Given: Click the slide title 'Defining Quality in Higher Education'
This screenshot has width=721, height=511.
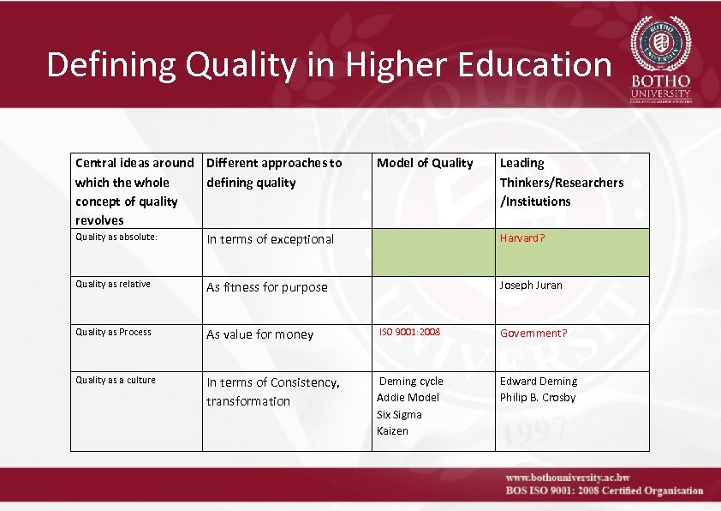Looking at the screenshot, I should point(329,64).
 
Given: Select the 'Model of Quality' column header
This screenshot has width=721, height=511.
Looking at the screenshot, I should point(425,163).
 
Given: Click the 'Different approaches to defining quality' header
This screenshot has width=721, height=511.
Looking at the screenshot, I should point(274,172).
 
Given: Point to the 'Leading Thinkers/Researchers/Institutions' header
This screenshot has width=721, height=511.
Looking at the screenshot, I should point(561,182).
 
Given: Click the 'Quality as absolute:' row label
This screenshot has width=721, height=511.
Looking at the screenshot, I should point(116,237).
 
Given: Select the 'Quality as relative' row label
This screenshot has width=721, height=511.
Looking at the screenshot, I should point(113,285).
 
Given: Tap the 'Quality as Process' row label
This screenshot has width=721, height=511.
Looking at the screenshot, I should point(113,333).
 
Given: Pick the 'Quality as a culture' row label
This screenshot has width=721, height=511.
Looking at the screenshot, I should point(116,380).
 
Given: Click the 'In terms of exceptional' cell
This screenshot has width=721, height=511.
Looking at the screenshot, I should point(271,239).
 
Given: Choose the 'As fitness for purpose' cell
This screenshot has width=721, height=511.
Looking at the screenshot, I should point(267,287).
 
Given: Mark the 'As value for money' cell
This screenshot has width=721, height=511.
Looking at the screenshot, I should point(260,334).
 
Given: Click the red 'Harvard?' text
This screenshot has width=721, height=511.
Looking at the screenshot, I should point(522,237).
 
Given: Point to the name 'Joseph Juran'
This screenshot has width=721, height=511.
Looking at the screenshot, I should point(531,285).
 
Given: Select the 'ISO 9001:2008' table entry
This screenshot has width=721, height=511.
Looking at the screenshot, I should point(409,332).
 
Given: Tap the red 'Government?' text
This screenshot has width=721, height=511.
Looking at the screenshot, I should point(533,333).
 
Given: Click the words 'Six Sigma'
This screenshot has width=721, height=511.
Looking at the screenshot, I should point(399,414).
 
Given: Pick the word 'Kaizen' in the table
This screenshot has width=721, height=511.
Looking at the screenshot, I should point(392,430).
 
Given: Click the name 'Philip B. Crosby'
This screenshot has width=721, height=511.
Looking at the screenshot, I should point(538,397).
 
